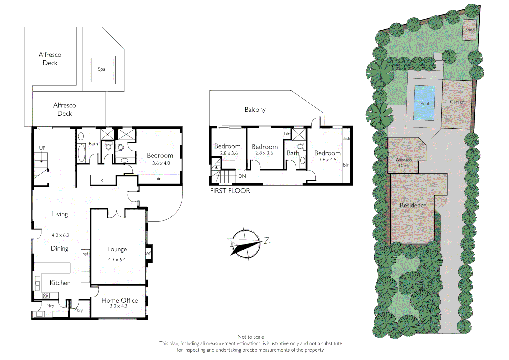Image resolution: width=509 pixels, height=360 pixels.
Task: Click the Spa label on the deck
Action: pos(102,69)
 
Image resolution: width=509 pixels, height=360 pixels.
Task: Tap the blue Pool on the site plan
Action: pos(424,103)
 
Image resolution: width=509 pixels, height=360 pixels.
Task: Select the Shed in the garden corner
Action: pos(470,30)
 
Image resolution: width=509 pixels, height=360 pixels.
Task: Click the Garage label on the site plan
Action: pos(457,102)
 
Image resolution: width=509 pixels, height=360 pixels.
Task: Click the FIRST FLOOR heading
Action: pos(230,191)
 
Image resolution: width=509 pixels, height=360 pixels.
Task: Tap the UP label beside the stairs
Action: pos(42,148)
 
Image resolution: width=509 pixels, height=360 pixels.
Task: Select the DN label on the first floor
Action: pos(242,176)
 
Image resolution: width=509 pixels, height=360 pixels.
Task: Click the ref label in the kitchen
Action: pos(85,254)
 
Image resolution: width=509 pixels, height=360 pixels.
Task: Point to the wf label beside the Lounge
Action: pos(148,253)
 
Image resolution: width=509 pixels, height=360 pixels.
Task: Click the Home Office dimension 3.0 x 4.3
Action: pos(118,306)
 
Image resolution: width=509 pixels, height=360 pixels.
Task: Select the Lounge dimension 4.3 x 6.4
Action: pos(117,260)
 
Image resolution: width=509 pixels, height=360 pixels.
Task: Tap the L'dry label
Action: pos(49,306)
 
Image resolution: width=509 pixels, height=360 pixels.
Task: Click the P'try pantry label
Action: pos(78,310)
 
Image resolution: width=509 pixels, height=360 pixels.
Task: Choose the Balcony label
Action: pos(255,110)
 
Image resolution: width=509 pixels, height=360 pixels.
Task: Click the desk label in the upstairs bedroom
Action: pos(346,139)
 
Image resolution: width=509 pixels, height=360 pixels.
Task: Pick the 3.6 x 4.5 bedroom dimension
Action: pos(327,160)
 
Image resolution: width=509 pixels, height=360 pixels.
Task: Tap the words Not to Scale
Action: pos(251,337)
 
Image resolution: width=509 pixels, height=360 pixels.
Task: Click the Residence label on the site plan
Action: pos(413,205)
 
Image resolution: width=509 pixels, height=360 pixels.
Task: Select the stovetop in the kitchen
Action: pos(46,295)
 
